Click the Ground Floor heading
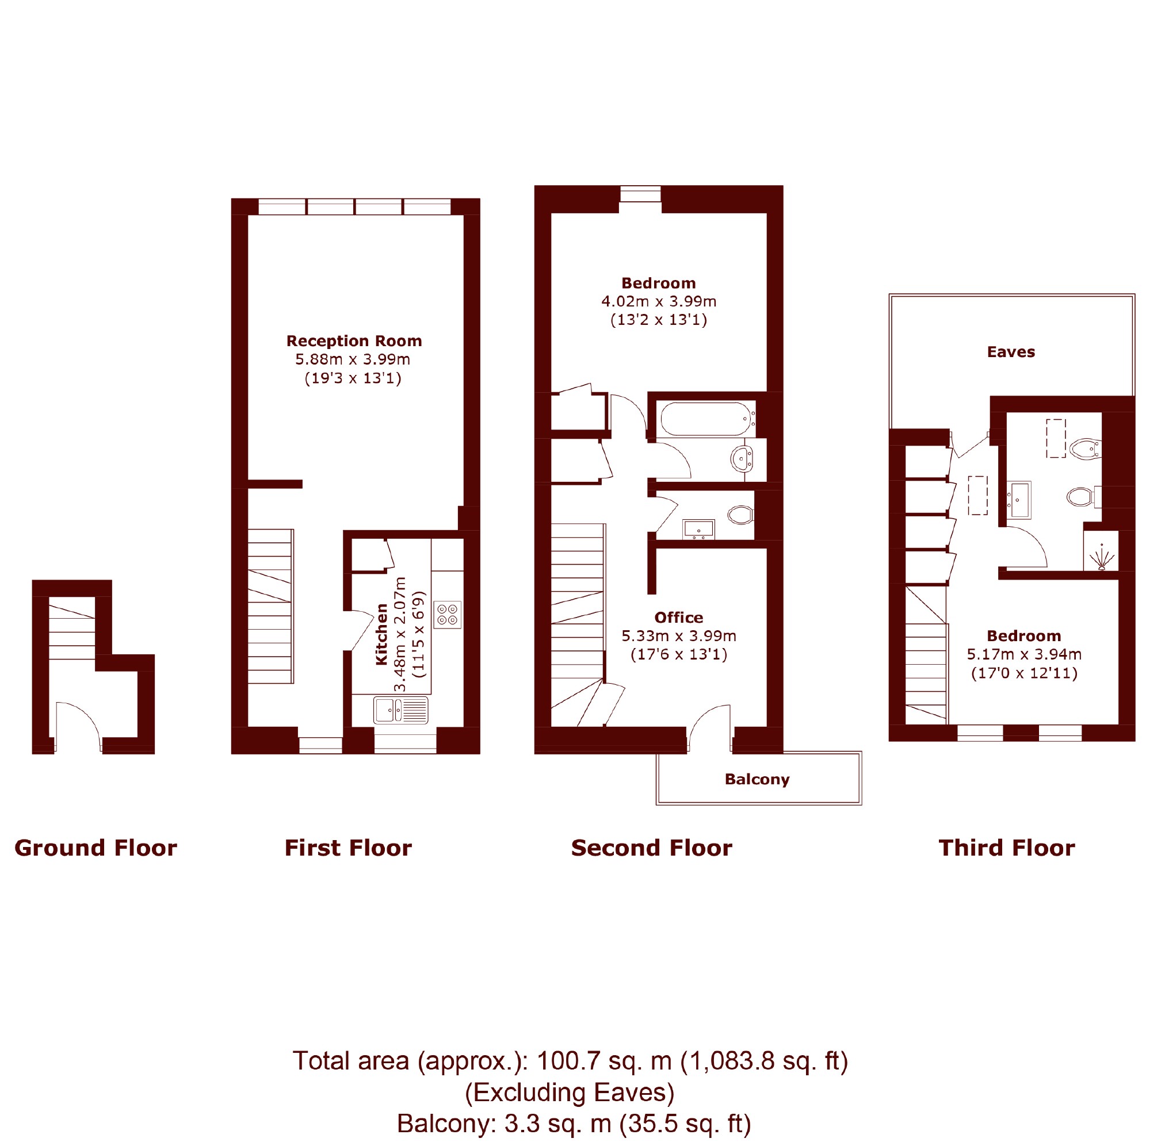[x=96, y=848]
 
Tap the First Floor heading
[x=348, y=848]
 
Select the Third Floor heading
[x=1007, y=848]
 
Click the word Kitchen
[x=381, y=634]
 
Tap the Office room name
[x=678, y=618]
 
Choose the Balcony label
[x=757, y=780]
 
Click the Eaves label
[x=1011, y=352]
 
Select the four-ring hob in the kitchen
[x=448, y=615]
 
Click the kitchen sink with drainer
[x=400, y=710]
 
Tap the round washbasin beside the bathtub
[x=741, y=459]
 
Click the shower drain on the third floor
[x=1102, y=566]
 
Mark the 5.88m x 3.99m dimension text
[x=352, y=359]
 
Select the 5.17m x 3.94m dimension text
[x=1024, y=654]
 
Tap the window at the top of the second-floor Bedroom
[x=640, y=194]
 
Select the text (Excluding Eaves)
[x=570, y=1093]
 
